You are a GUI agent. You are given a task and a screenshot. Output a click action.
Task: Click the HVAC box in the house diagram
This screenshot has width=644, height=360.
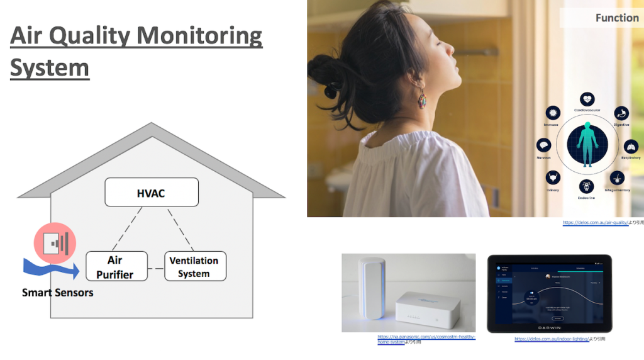click(x=151, y=192)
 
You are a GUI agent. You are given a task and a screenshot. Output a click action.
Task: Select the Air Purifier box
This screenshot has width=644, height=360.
click(x=116, y=266)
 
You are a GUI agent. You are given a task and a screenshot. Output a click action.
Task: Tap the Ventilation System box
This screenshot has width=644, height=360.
click(x=194, y=266)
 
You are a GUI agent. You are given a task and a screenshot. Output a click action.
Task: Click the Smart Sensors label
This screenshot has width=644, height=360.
click(x=57, y=293)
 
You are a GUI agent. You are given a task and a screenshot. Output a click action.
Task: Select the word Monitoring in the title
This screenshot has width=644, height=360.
click(x=197, y=37)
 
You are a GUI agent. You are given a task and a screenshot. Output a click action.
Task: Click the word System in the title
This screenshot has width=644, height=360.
click(x=49, y=67)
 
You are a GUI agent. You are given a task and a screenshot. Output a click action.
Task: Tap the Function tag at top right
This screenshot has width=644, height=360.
click(x=617, y=18)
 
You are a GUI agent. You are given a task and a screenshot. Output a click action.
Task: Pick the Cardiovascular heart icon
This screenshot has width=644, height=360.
click(x=587, y=99)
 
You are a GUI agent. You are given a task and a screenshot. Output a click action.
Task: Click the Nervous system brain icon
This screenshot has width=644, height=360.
click(x=543, y=146)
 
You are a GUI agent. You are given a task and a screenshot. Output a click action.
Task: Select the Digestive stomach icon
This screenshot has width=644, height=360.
click(x=621, y=113)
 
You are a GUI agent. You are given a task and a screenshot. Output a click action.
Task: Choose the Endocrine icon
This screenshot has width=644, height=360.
click(x=587, y=186)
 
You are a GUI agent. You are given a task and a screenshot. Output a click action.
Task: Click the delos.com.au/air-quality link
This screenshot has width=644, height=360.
click(x=595, y=223)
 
